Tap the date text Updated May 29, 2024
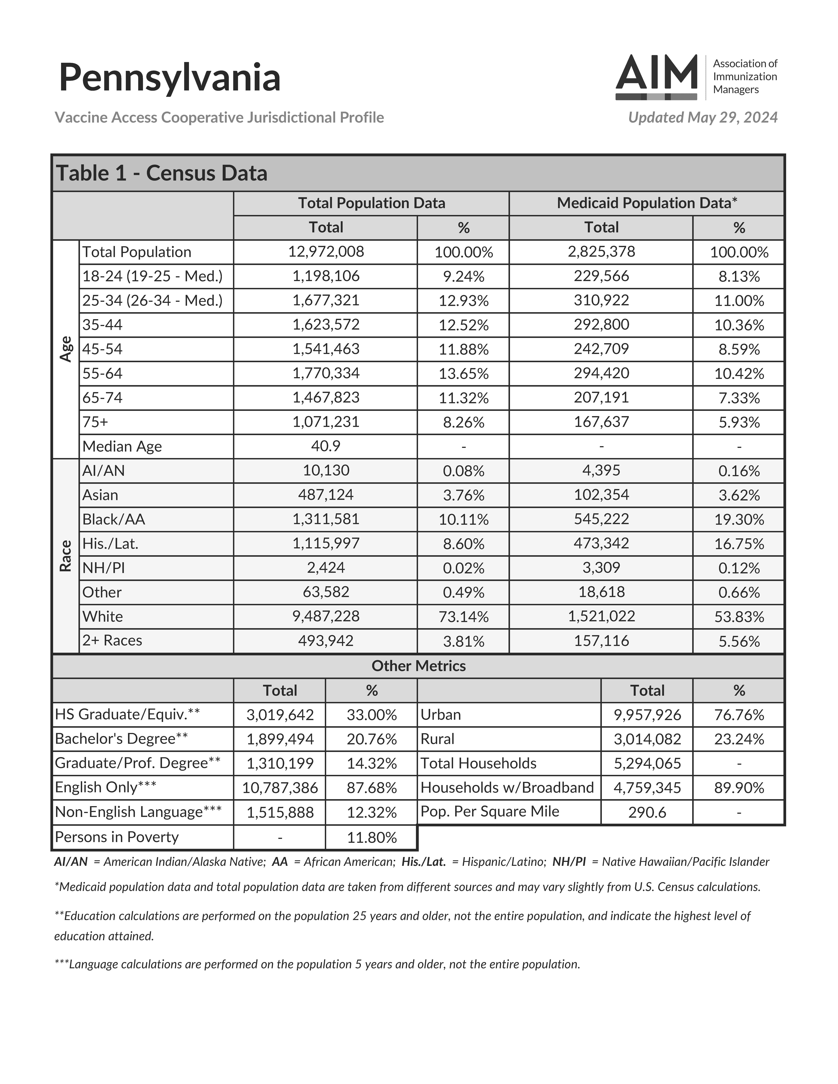[x=703, y=118]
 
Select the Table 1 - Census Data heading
[x=162, y=173]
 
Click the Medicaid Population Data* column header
[x=646, y=203]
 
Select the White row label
[x=103, y=616]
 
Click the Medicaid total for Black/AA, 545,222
[x=601, y=519]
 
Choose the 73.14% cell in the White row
[x=463, y=617]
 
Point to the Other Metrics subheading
[x=419, y=666]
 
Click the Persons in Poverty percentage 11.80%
[x=371, y=838]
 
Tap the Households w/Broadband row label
[x=507, y=788]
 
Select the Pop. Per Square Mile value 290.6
[x=647, y=813]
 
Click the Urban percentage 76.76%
[x=739, y=715]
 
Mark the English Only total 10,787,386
[x=280, y=788]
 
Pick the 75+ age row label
[x=95, y=422]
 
